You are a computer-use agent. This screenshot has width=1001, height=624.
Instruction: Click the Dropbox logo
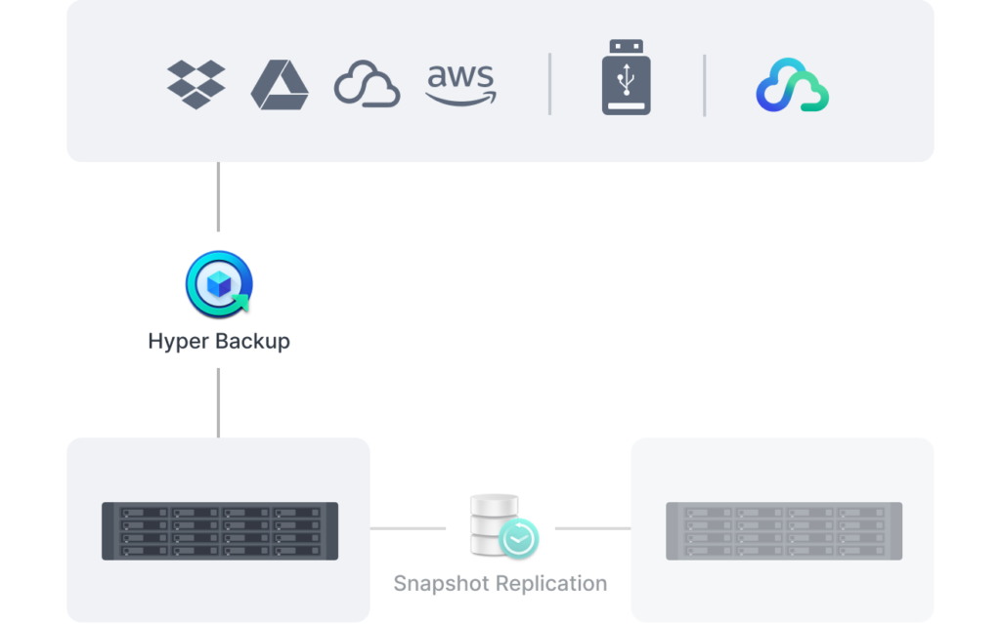tap(196, 84)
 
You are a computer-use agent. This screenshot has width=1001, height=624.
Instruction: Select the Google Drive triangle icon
tap(280, 85)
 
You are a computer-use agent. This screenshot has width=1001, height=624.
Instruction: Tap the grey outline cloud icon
tap(368, 84)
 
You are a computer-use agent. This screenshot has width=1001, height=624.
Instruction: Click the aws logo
tap(461, 84)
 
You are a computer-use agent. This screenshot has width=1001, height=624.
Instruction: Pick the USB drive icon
tap(627, 77)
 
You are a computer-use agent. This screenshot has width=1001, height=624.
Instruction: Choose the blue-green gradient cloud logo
tap(792, 85)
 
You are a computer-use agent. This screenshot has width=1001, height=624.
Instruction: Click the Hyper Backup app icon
tap(219, 284)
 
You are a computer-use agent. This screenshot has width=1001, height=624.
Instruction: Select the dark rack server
tap(220, 531)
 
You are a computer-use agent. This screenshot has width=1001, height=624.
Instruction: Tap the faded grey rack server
tap(784, 531)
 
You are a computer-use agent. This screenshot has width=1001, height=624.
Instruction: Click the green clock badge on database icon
tap(518, 539)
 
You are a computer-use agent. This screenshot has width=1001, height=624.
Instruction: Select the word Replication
tap(551, 583)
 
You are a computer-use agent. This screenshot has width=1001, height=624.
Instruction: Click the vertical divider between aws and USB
tap(549, 84)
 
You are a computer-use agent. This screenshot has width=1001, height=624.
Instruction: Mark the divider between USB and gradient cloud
tap(704, 86)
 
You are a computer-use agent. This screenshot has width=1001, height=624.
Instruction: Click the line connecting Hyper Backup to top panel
tap(218, 196)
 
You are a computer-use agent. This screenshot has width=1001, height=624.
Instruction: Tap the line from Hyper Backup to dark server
tap(218, 402)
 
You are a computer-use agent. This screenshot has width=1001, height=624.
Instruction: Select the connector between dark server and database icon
tap(408, 528)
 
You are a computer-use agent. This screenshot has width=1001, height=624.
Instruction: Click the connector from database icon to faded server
tap(593, 528)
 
